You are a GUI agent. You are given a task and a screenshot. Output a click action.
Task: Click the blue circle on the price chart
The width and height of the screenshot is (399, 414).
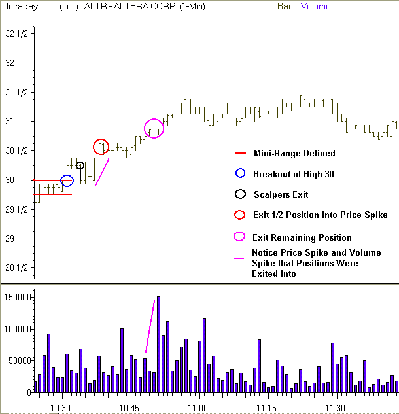tap(67, 181)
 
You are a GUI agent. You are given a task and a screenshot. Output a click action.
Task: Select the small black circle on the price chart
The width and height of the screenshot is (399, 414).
tap(80, 165)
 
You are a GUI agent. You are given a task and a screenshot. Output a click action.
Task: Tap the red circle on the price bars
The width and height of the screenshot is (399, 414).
tap(101, 147)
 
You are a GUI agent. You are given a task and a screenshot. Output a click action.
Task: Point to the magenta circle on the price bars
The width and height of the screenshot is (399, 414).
tap(154, 129)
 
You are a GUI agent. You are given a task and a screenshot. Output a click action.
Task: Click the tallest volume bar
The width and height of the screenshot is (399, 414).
tap(158, 344)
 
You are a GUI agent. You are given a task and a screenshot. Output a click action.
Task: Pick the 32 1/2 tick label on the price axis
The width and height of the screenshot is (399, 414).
tap(15, 33)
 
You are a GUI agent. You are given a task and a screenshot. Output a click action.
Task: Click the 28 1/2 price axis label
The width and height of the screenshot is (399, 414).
tap(15, 267)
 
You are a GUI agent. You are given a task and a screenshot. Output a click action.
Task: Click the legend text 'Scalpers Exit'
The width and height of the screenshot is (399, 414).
tap(281, 194)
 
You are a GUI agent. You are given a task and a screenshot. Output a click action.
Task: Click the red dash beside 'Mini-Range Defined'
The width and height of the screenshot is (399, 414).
tap(240, 154)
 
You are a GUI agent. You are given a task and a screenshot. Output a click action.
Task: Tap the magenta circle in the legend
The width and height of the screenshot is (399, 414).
tap(240, 237)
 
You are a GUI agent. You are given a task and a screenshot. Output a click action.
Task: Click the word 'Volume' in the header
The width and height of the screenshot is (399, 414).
tap(315, 7)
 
